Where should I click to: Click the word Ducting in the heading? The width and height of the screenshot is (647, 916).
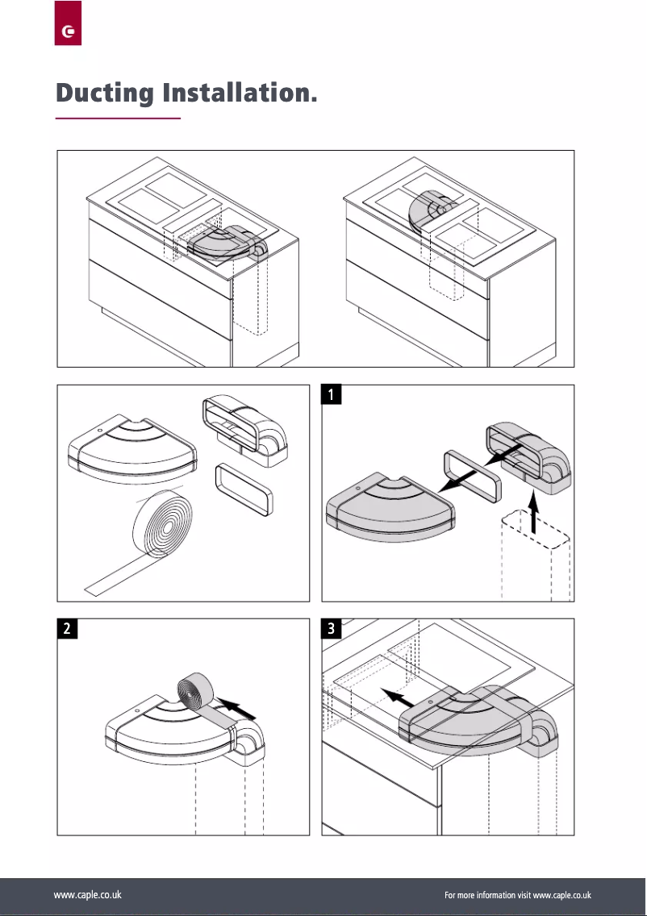pos(105,93)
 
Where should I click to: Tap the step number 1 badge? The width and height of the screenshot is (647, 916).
pos(332,394)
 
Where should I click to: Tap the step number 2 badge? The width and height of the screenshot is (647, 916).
pos(67,629)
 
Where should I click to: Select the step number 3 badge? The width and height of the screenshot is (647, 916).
pos(332,629)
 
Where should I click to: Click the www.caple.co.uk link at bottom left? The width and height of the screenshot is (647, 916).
pos(87,895)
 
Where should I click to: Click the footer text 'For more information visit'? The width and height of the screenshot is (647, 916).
pos(488,895)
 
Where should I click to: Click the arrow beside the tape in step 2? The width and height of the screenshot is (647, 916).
pos(241,710)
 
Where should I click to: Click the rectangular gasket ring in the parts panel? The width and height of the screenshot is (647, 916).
pos(243,488)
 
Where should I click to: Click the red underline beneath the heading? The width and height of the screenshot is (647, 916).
pos(118,119)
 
